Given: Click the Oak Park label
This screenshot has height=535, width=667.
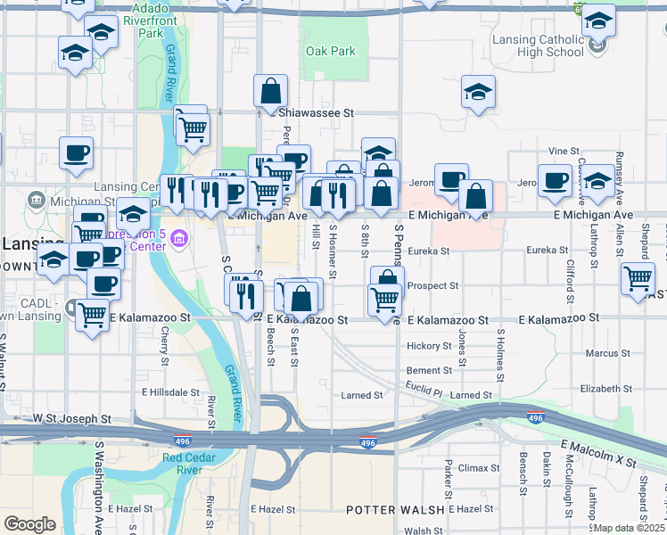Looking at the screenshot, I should (x=331, y=52).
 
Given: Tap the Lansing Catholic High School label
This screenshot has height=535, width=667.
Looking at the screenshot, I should (x=539, y=45).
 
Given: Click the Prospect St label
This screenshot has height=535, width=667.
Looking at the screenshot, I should (x=432, y=286).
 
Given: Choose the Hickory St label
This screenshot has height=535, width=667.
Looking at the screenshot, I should (x=430, y=346).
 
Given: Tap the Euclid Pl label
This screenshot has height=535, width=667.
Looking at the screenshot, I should (x=424, y=391).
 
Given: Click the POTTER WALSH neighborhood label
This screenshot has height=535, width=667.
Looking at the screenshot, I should (x=395, y=509).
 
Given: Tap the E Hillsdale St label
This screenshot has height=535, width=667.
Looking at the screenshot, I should (x=170, y=392).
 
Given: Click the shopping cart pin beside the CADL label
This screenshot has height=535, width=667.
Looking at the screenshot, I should (x=93, y=314).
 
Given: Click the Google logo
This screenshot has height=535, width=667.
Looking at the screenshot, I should (x=29, y=524).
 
